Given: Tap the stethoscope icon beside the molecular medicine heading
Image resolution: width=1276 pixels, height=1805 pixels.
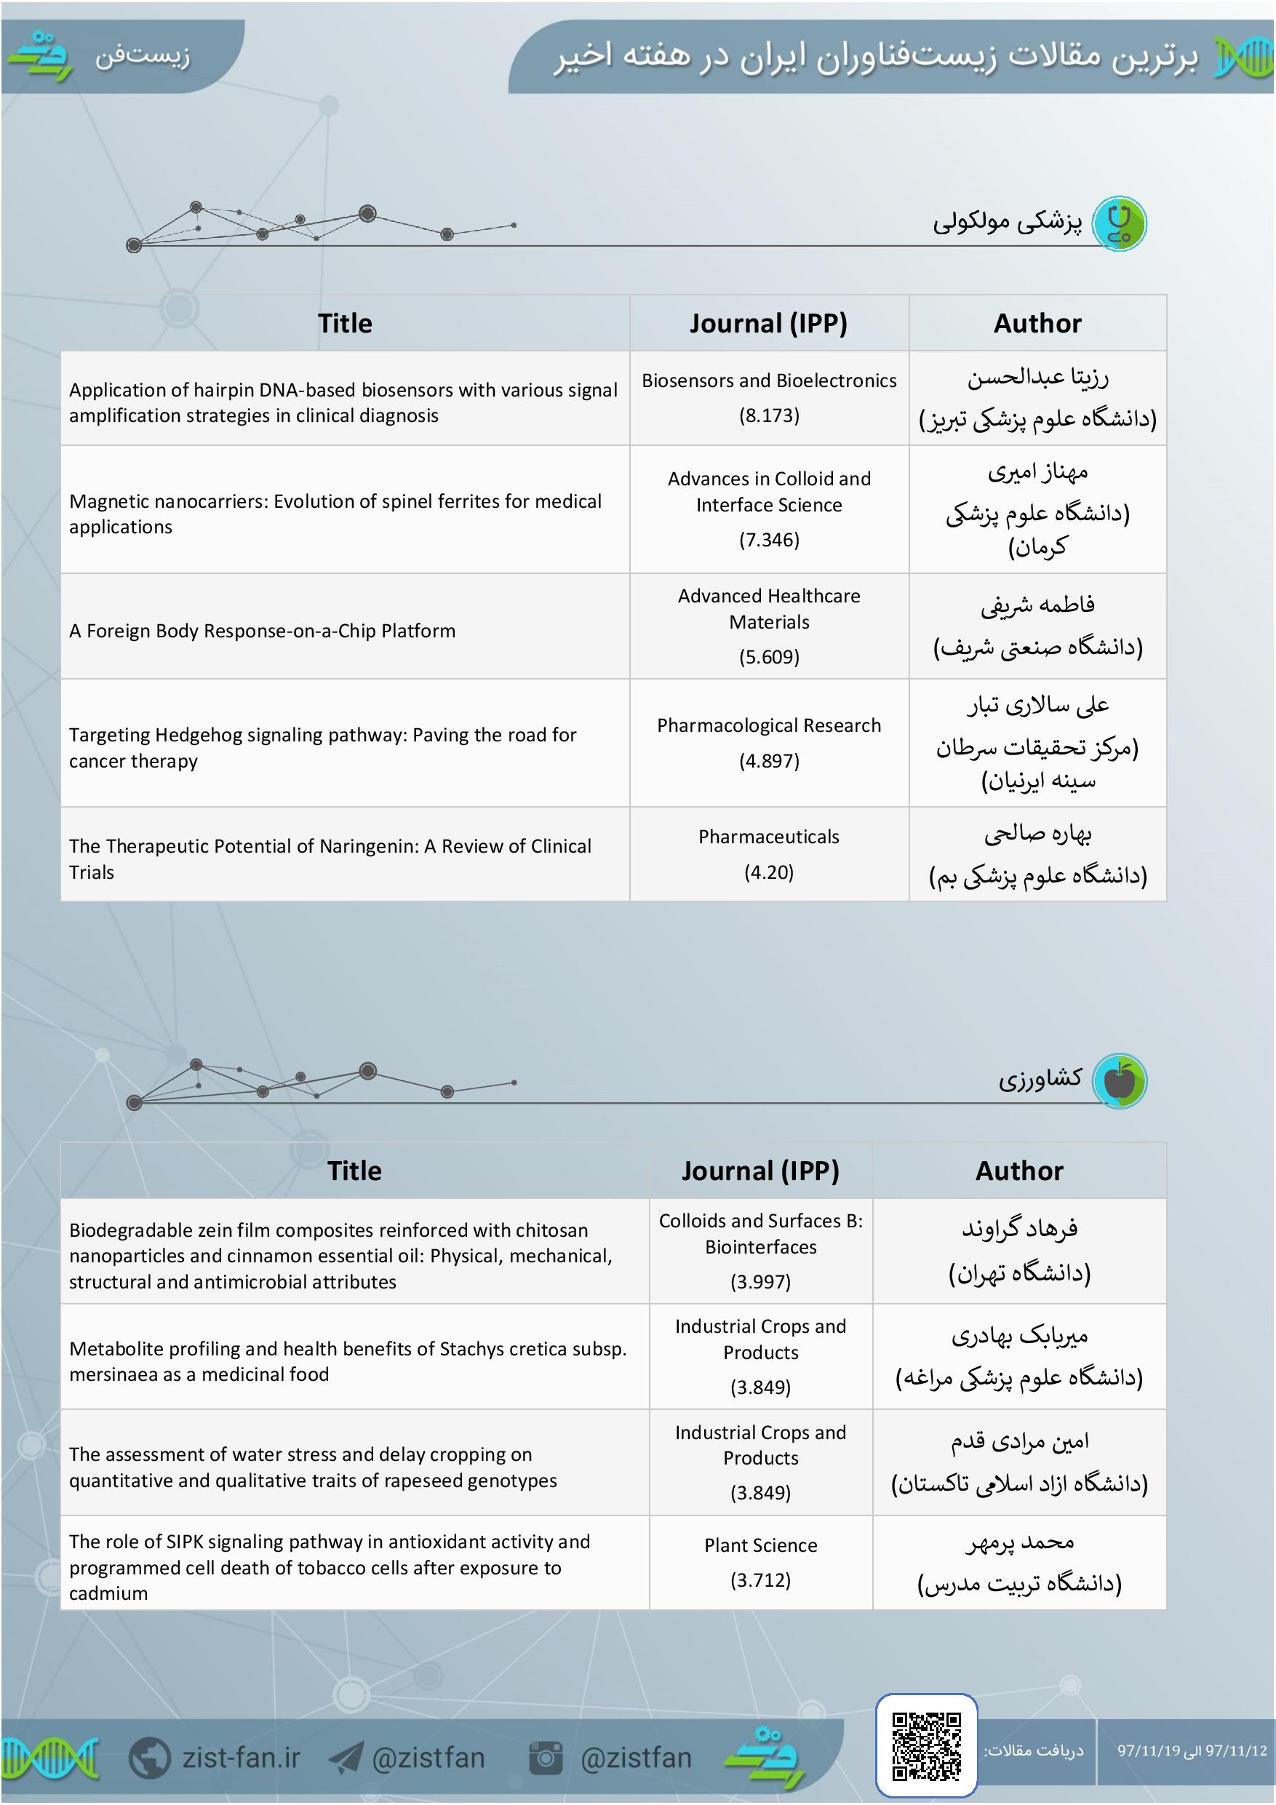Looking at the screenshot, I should coord(1120,224).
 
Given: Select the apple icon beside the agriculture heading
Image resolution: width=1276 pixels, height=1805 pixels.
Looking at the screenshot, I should coord(1120,1080).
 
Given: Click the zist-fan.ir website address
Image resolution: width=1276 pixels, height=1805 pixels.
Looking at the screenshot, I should coord(241,1757).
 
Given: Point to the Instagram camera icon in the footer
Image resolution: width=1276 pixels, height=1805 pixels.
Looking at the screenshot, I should coord(546,1757).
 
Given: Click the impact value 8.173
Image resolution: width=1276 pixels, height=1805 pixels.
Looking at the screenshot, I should coord(769,415).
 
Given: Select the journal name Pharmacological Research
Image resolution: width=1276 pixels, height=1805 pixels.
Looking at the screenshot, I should coord(769,725).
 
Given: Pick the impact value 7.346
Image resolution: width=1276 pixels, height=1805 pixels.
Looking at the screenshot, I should coord(769,539).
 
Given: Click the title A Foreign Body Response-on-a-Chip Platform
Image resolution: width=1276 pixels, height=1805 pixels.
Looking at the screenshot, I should coord(262,631).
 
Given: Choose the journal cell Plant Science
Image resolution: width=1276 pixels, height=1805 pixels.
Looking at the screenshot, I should coord(760,1545).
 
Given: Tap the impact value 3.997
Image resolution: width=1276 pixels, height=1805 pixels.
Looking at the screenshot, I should coord(760,1281).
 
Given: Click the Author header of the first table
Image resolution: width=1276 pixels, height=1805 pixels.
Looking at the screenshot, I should coord(1037,323).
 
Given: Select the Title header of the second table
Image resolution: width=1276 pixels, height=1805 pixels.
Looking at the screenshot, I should coord(354,1171).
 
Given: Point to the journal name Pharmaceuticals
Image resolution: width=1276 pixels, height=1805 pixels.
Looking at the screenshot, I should coord(769,837).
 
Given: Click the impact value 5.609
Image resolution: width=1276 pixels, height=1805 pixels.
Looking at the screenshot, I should coord(769,656).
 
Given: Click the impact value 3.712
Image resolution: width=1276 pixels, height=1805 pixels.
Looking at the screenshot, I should coord(760,1580).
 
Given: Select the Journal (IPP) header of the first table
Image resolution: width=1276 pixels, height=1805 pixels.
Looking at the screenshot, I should coord(768,323).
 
